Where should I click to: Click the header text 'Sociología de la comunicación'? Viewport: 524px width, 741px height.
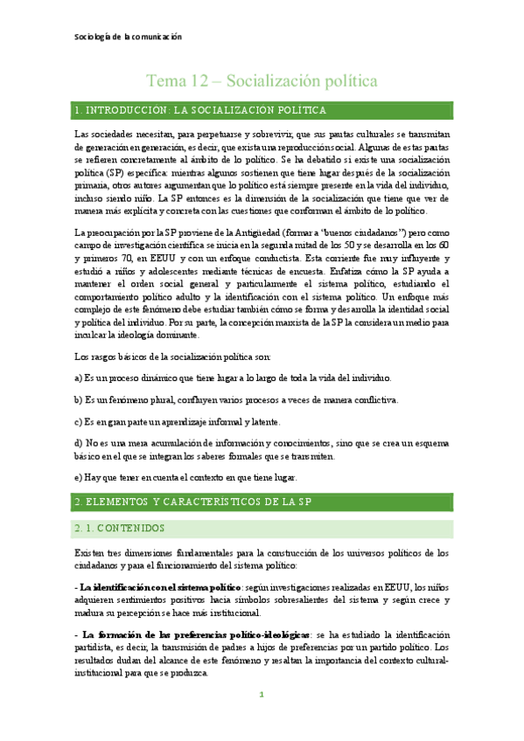click(126, 38)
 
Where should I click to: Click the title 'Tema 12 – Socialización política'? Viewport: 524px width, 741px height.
click(262, 81)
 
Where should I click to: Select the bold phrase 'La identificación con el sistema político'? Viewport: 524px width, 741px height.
click(155, 586)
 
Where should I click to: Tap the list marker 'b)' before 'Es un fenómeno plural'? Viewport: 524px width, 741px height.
click(79, 399)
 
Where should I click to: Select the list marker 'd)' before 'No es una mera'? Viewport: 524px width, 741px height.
click(79, 444)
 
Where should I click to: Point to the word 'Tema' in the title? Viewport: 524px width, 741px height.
click(165, 81)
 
